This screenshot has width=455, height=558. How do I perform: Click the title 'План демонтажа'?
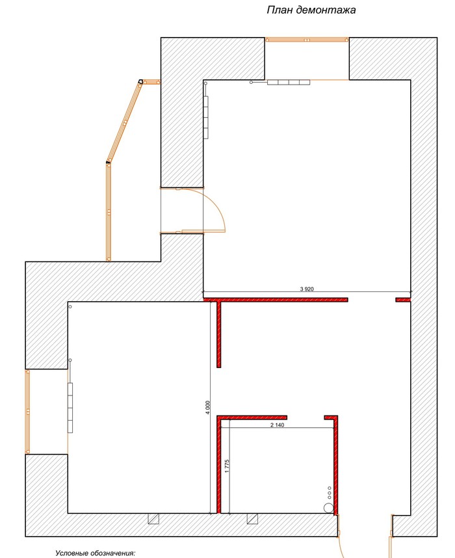[311, 10]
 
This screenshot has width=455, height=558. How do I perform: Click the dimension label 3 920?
[307, 289]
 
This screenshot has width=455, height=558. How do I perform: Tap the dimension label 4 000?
[208, 408]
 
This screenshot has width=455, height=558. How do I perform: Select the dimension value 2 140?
[278, 425]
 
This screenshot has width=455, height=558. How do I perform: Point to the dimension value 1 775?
[227, 466]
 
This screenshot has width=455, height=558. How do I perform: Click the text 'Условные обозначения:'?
[96, 553]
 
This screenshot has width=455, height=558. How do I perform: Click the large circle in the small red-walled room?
[329, 508]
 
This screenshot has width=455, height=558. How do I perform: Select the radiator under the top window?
[289, 82]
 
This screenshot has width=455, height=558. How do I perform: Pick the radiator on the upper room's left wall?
[206, 117]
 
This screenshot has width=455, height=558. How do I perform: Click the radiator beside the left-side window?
[70, 408]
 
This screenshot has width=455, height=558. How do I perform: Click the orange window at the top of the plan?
[307, 40]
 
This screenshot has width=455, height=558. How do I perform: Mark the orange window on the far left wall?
[27, 412]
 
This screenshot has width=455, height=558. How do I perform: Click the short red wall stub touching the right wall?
[403, 300]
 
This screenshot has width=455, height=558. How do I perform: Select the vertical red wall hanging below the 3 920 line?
[219, 334]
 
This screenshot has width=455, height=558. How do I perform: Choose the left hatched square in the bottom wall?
[153, 519]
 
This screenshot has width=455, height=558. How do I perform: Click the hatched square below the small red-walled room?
[253, 519]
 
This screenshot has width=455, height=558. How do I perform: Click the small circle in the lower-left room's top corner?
[70, 306]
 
